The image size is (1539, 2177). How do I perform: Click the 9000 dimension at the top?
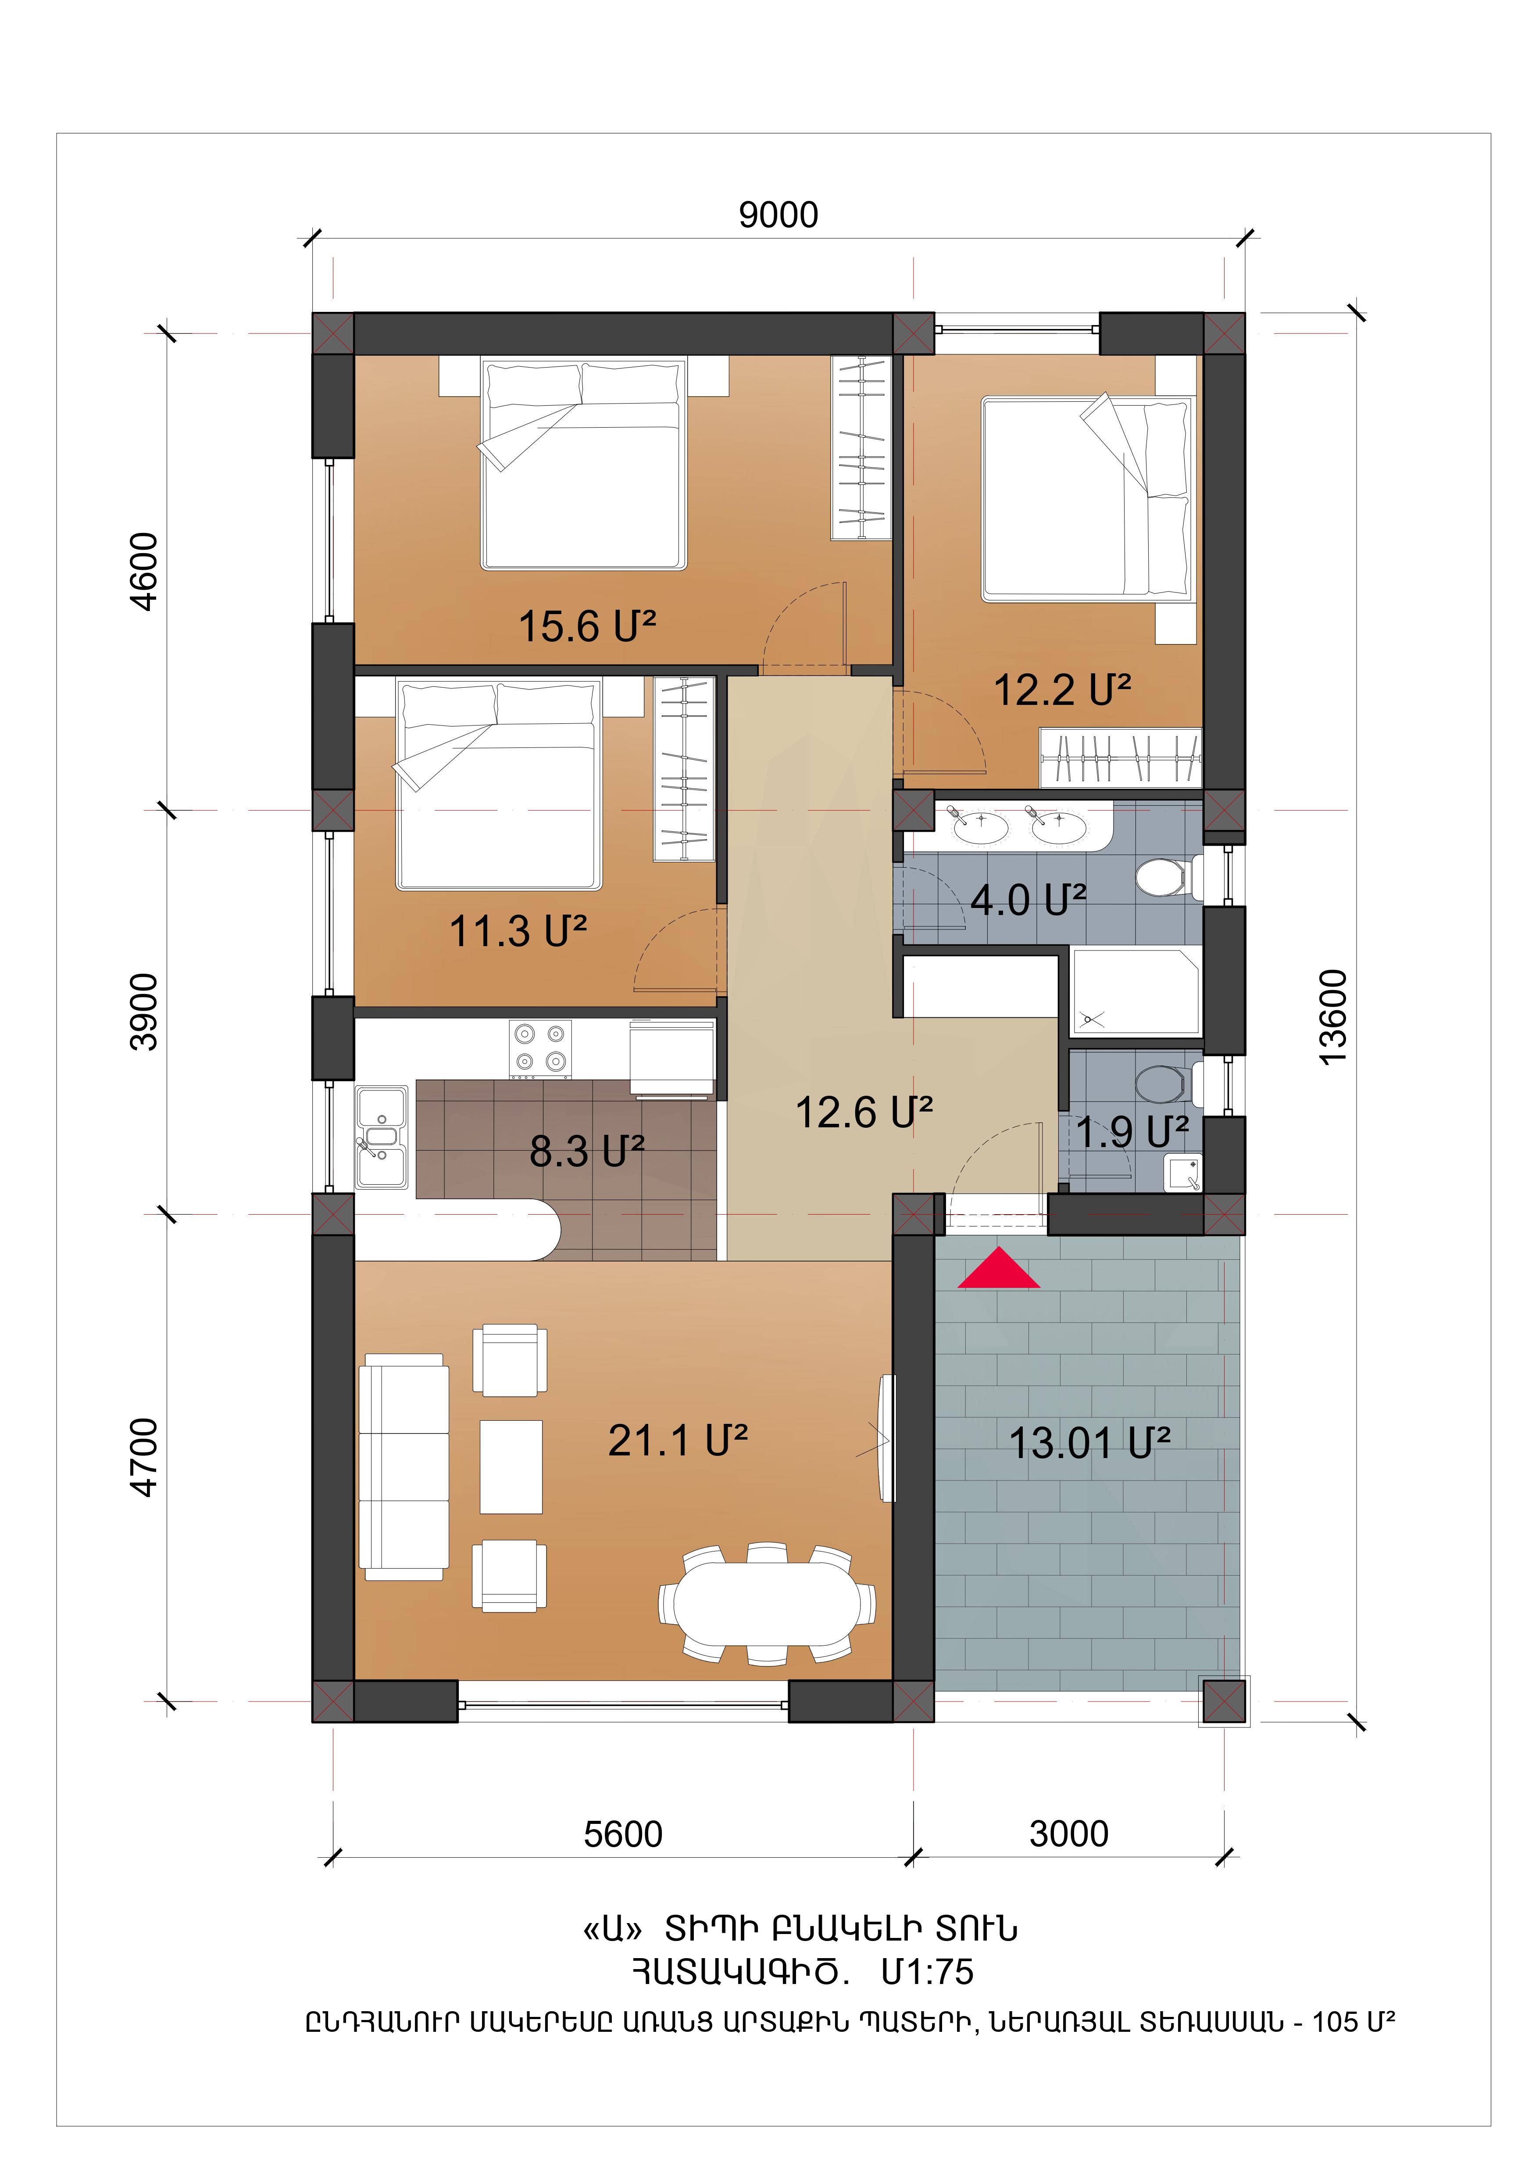[x=778, y=215]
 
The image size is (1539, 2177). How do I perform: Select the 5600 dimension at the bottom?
[x=623, y=1835]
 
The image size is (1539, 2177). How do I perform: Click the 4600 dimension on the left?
[x=144, y=572]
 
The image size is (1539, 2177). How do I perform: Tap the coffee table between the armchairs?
[x=511, y=1467]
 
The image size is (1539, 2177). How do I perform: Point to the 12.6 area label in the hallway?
[x=864, y=1112]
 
